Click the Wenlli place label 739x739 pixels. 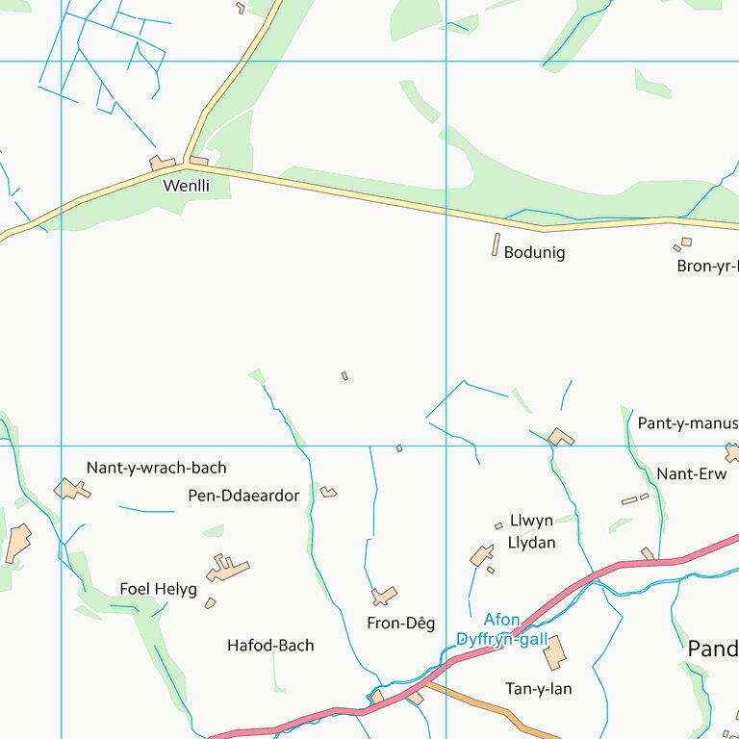[x=186, y=186]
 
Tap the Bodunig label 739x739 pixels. [x=534, y=253]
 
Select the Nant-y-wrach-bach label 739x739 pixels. [x=157, y=469]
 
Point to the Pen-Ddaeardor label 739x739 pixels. [x=244, y=497]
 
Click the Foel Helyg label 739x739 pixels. [x=158, y=589]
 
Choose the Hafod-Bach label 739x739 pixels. [x=270, y=646]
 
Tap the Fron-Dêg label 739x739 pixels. [x=401, y=624]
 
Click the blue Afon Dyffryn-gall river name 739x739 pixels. [x=501, y=629]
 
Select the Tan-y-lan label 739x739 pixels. [x=539, y=689]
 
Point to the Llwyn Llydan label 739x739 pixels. [x=532, y=531]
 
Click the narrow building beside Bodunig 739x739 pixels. [x=497, y=244]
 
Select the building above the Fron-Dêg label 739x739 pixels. [x=384, y=597]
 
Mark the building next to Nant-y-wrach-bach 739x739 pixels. [x=71, y=490]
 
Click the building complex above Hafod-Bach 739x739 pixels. [x=227, y=569]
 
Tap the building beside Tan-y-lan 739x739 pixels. [x=554, y=653]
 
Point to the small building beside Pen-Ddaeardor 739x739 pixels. [x=328, y=493]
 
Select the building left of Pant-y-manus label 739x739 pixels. [x=561, y=437]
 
